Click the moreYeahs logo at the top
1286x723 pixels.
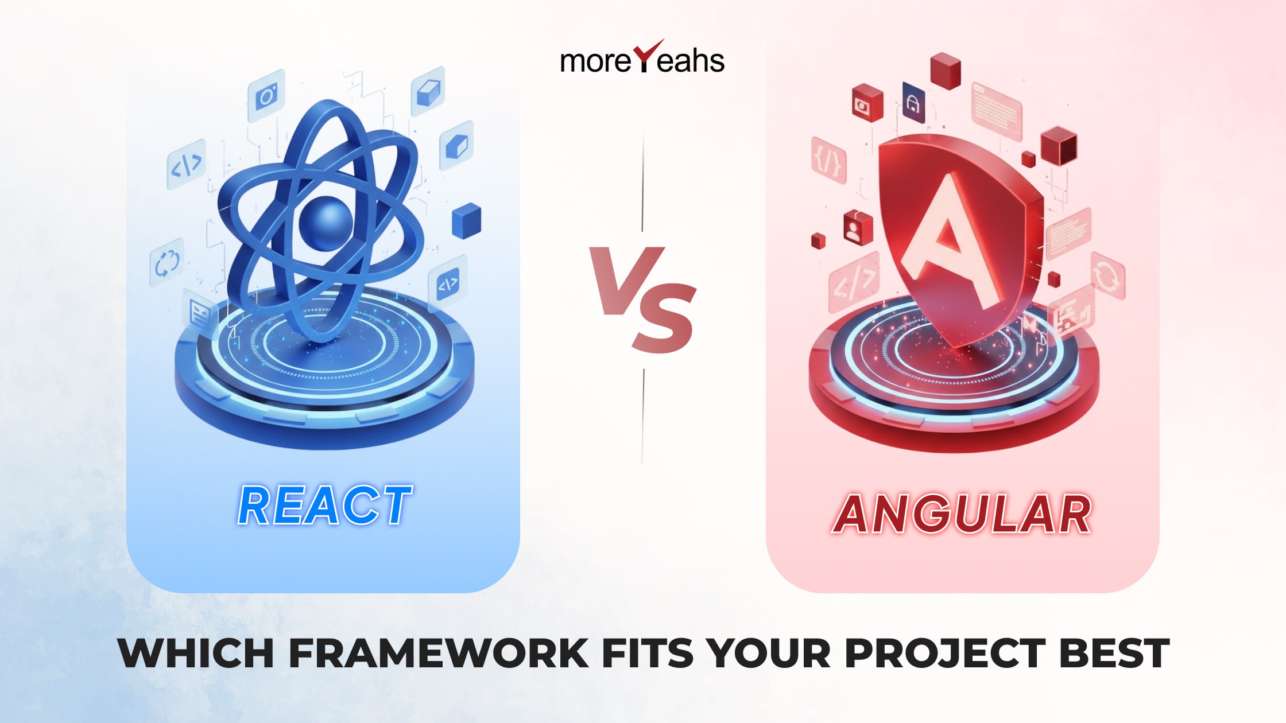(642, 59)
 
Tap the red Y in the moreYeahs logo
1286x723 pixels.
(646, 56)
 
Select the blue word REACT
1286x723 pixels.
(325, 506)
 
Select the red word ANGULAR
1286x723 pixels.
(962, 514)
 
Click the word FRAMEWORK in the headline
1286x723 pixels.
(439, 654)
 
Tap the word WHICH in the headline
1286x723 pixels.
(196, 654)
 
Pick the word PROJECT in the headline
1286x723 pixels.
(945, 654)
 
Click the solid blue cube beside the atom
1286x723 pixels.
(466, 220)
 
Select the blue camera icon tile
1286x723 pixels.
(266, 95)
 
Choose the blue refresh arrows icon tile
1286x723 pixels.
(167, 263)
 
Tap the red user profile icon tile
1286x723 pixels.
(858, 228)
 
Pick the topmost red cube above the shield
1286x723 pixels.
(945, 70)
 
